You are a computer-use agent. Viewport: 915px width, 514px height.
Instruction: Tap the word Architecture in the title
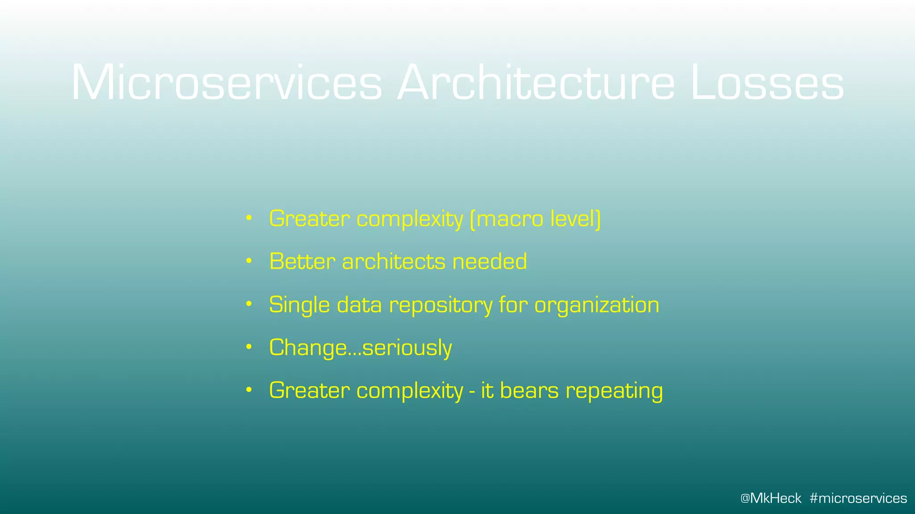[x=536, y=83]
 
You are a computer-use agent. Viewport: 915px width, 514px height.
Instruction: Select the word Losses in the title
[x=767, y=83]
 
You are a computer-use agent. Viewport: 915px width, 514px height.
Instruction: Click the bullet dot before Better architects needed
[x=249, y=261]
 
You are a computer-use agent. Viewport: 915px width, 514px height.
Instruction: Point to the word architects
[x=394, y=261]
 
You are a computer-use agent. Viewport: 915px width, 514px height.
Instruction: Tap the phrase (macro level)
[x=535, y=219]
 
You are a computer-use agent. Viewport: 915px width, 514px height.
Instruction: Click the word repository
[x=441, y=305]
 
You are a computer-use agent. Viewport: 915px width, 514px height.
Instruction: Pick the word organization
[x=596, y=305]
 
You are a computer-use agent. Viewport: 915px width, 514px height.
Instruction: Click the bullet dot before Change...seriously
[x=249, y=347]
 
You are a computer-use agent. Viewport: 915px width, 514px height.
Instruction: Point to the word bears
[x=529, y=390]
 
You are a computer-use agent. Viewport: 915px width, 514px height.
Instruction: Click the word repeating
[x=614, y=391]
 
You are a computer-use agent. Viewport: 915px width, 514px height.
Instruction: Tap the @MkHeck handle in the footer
[x=771, y=498]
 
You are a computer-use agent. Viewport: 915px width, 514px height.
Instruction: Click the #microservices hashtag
[x=858, y=498]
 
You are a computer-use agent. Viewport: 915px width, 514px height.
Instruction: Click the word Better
[x=302, y=261]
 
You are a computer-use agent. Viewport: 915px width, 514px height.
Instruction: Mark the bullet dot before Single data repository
[x=249, y=304]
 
